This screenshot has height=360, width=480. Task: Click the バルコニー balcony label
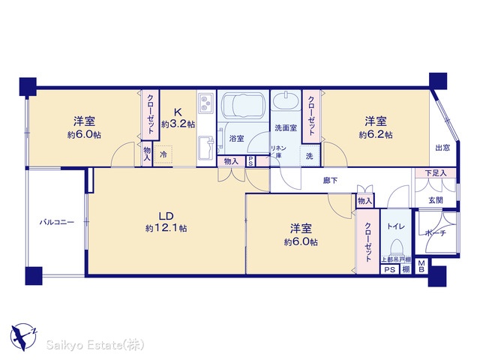[57, 222]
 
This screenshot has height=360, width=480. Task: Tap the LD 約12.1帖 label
[166, 222]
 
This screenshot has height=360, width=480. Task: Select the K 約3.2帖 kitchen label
[178, 118]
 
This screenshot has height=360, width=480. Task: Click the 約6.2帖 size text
[375, 135]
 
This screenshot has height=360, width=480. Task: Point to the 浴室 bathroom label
[237, 138]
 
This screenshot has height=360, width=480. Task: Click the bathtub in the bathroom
[243, 106]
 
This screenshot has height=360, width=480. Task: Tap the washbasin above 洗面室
[285, 100]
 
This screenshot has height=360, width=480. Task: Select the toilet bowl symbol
[397, 247]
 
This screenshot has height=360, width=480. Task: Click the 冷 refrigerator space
[163, 154]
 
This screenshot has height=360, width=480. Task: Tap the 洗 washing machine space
[310, 156]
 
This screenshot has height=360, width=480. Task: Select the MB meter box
[421, 267]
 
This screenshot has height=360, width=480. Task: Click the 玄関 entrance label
[435, 200]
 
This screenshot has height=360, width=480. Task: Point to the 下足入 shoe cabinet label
[436, 173]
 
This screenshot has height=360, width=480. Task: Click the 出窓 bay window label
[442, 148]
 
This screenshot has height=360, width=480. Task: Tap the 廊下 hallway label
[330, 181]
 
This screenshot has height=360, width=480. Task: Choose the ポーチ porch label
[436, 233]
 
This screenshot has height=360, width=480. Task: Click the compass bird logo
[23, 336]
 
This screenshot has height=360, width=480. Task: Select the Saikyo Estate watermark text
[95, 345]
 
